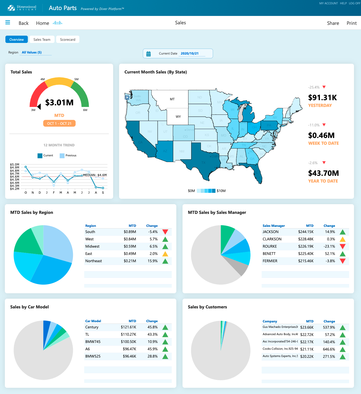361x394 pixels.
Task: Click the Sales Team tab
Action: [x=42, y=39]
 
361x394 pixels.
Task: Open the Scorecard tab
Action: [x=68, y=39]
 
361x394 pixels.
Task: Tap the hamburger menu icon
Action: [x=8, y=22]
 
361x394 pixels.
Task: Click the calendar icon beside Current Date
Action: [x=149, y=54]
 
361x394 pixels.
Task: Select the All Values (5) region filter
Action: [x=32, y=52]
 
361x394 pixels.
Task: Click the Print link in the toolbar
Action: [x=352, y=23]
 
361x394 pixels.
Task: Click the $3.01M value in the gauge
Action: [x=59, y=103]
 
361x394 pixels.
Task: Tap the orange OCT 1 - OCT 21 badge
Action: [x=59, y=123]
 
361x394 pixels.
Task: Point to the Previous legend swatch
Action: [x=62, y=156]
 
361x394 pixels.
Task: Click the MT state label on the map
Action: [x=172, y=99]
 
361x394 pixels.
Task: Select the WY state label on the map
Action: [x=178, y=117]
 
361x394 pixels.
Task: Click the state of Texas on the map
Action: [x=203, y=159]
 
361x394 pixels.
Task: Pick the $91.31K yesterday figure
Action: [x=322, y=97]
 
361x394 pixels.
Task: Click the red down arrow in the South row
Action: [x=165, y=232]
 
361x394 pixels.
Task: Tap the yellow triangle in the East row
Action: [x=165, y=254]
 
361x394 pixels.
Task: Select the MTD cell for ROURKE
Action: [x=306, y=246]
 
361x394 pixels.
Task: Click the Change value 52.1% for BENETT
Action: [x=330, y=254]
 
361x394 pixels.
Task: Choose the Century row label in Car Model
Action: [x=92, y=327]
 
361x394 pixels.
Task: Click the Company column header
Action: [x=270, y=321]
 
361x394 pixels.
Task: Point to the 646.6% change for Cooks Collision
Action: [x=329, y=349]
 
